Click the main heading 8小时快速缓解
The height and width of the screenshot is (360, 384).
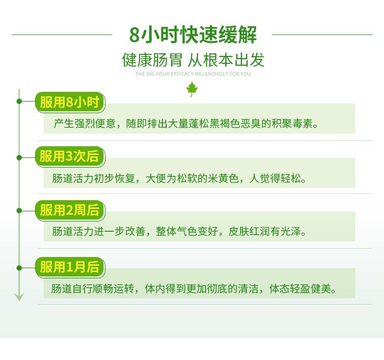pyautogui.click(x=193, y=34)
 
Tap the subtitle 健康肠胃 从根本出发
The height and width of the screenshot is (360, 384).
pyautogui.click(x=193, y=60)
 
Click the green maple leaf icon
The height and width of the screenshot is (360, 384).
pyautogui.click(x=192, y=89)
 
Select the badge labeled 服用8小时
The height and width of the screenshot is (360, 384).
pyautogui.click(x=70, y=102)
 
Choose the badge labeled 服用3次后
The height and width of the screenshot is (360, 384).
pyautogui.click(x=70, y=156)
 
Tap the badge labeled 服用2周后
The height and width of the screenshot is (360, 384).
pyautogui.click(x=70, y=210)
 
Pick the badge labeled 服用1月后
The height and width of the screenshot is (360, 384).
pyautogui.click(x=70, y=267)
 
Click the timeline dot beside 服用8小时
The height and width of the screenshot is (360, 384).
pyautogui.click(x=19, y=101)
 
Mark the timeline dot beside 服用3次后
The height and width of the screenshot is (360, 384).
pyautogui.click(x=19, y=157)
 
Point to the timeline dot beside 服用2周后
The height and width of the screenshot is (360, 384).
pyautogui.click(x=19, y=211)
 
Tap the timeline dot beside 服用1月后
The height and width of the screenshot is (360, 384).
pyautogui.click(x=19, y=268)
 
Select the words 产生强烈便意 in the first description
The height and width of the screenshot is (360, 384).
pyautogui.click(x=85, y=123)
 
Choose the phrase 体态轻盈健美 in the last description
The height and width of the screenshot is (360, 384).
pyautogui.click(x=300, y=289)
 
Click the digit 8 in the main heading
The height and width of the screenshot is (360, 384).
pyautogui.click(x=134, y=35)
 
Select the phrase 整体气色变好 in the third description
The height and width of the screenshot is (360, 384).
pyautogui.click(x=187, y=232)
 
